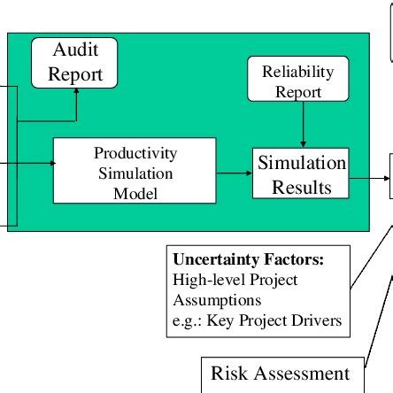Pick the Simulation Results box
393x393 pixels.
[301, 174]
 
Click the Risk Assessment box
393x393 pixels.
[280, 374]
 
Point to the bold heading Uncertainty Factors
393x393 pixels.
[248, 261]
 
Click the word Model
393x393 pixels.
[135, 192]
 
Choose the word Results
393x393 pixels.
[302, 188]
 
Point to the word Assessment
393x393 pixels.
[301, 374]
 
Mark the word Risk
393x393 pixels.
[228, 374]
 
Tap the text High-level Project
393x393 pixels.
[235, 281]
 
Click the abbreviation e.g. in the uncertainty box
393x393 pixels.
[186, 320]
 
